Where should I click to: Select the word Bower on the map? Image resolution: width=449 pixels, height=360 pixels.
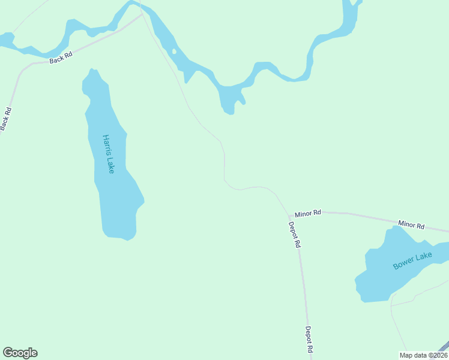(403, 263)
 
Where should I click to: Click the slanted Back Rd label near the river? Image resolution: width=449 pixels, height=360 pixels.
(61, 58)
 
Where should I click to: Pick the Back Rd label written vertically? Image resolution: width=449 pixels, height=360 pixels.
(6, 119)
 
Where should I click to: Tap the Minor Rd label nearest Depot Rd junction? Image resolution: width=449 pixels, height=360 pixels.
(308, 212)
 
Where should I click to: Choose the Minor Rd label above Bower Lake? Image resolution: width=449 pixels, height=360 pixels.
(411, 226)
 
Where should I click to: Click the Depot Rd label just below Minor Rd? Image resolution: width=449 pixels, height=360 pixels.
(294, 235)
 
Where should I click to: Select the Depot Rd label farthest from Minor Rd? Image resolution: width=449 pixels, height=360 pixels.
(309, 340)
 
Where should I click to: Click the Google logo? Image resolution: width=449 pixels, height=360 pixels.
(20, 353)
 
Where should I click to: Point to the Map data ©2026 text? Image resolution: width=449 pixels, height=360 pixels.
(422, 355)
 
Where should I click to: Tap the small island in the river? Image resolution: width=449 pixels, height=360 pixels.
(174, 52)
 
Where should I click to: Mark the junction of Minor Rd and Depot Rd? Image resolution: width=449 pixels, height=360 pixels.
(289, 215)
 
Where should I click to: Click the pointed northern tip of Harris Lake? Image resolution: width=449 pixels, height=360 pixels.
(92, 70)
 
